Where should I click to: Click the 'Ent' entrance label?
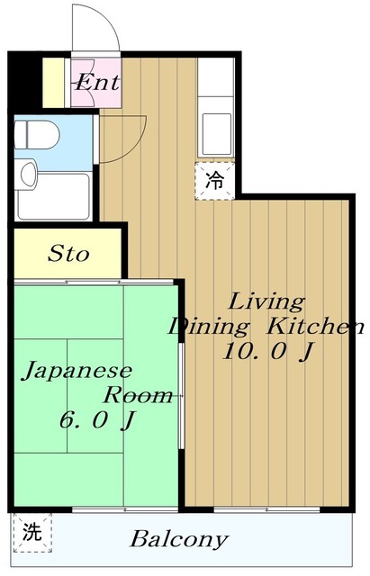point(96,83)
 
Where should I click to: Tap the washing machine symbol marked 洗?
point(32,531)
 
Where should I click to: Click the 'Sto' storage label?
point(68,255)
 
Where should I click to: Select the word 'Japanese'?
point(77,370)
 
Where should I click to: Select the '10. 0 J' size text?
point(267,352)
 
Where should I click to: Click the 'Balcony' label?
point(178,540)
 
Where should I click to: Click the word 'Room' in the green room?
point(138,394)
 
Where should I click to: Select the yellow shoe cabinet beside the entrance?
point(54,81)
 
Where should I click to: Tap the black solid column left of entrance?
point(24,81)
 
